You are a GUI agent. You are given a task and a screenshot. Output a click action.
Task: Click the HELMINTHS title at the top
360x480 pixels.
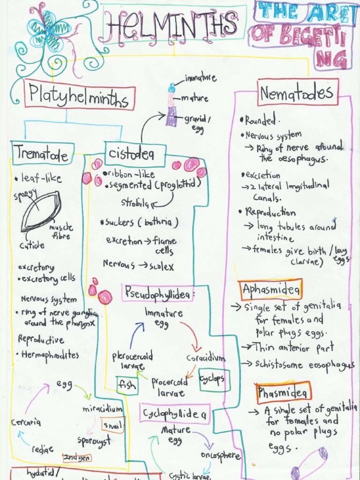(171, 24)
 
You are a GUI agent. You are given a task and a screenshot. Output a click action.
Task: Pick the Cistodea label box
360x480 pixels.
(130, 154)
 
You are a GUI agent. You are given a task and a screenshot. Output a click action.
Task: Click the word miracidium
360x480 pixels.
(103, 409)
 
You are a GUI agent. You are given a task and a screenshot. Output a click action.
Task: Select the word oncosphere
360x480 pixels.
(220, 456)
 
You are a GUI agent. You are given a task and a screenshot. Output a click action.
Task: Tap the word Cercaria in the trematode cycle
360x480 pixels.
(26, 422)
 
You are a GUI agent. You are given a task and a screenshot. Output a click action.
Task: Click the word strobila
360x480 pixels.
(135, 203)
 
